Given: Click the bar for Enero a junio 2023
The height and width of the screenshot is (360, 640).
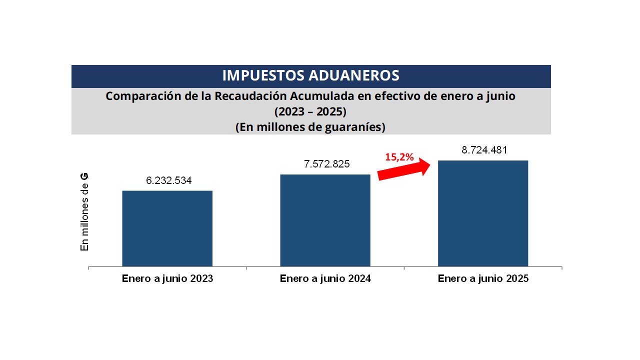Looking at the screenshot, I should [x=167, y=228].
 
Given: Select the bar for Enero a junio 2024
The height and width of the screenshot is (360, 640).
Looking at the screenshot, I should [x=325, y=220].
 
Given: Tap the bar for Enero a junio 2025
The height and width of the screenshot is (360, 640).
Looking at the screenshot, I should [x=483, y=213].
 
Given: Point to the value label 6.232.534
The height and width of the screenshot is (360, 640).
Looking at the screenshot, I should [x=169, y=180].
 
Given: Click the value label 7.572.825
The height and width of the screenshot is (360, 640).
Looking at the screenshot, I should [x=327, y=164].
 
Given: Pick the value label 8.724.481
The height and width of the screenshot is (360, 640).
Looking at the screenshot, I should [x=484, y=150].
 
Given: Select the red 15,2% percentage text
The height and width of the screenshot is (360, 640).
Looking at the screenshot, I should [x=399, y=157].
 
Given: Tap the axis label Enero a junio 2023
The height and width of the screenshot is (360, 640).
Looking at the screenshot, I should [x=167, y=279].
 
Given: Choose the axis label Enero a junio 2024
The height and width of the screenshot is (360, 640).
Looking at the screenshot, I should [x=325, y=279].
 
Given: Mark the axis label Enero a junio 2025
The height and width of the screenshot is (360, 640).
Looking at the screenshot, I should [x=483, y=279].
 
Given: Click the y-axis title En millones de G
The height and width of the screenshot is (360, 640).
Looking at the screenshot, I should [x=84, y=212].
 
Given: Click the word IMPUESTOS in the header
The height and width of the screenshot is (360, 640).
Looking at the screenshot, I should [x=262, y=75].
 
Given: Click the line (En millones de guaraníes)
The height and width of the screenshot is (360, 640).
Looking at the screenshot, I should [x=310, y=127].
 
